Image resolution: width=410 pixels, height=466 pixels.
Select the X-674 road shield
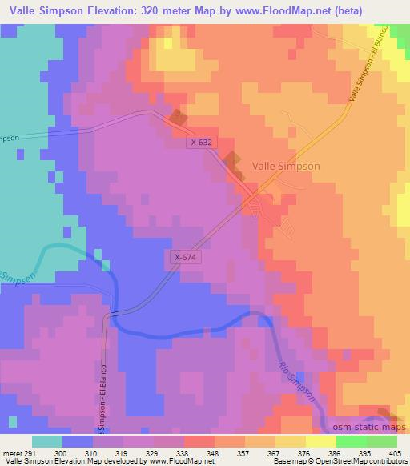tap(184, 257)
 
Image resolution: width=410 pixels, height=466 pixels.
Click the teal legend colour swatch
tap(47, 441)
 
